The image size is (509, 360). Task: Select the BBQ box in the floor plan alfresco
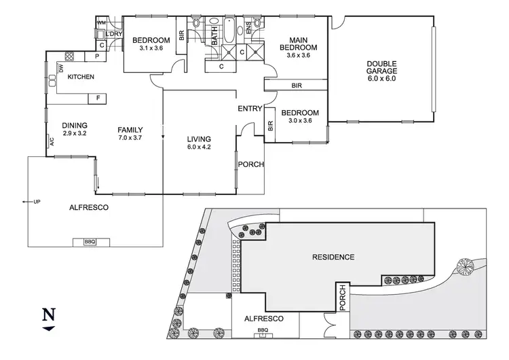coord(90,241)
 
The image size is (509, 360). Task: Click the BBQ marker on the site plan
coord(263,330)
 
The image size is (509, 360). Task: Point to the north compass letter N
coord(48,314)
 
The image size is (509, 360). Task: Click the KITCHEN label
coord(81,77)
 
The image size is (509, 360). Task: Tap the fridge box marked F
coord(98,98)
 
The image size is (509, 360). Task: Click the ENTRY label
coord(249,109)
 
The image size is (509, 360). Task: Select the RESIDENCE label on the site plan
coord(333,257)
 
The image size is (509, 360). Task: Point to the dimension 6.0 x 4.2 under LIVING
coord(200,147)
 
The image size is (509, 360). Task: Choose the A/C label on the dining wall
coord(51,142)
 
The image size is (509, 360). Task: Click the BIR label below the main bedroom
coord(297,85)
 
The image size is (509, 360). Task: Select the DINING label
coord(75,125)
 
